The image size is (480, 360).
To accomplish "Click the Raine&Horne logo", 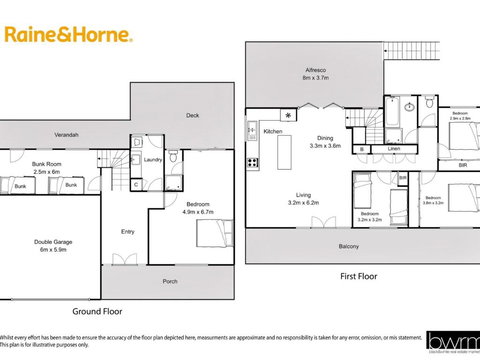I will [x=69, y=35].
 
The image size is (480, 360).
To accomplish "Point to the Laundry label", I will [x=153, y=159].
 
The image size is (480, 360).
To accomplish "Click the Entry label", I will [x=127, y=231].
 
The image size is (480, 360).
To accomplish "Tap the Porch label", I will [x=170, y=281].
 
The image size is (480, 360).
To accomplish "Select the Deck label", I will [x=192, y=116].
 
